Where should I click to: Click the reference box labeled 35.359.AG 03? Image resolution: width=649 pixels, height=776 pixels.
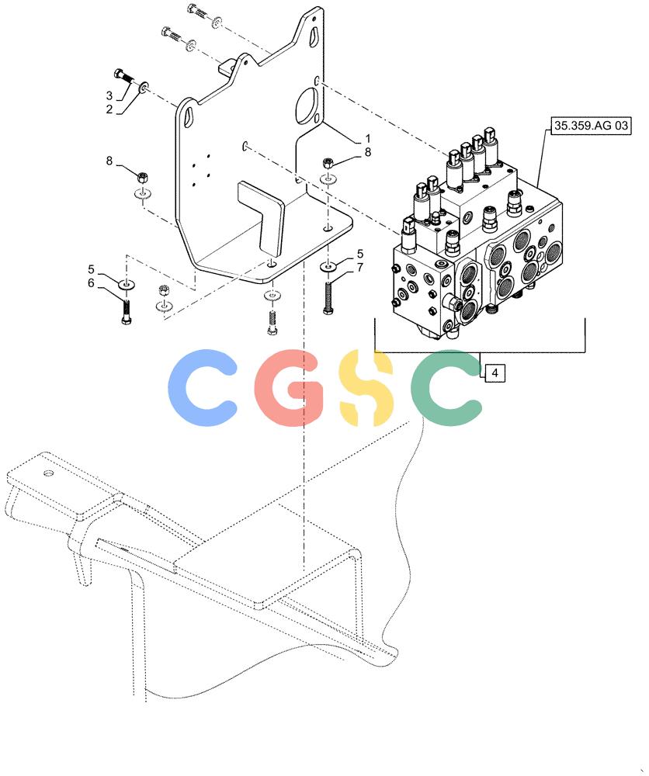coord(591,125)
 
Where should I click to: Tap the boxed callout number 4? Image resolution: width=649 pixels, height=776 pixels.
coord(495,372)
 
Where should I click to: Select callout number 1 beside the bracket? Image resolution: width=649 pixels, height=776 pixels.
coord(367,138)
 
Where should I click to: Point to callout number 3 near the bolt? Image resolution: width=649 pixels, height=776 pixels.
coord(109,95)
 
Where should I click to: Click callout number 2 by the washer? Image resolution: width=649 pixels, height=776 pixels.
coord(109,109)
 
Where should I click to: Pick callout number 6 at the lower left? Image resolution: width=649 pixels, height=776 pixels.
coord(91,283)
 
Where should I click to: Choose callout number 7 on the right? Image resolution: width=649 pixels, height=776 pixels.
coord(360,267)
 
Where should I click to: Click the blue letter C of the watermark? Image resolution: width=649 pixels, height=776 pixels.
coord(203,387)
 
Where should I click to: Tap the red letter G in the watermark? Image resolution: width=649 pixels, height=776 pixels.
coord(290,387)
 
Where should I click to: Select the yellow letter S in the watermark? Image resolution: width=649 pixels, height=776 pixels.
coord(366,387)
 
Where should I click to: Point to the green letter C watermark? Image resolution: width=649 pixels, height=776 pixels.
coord(446,387)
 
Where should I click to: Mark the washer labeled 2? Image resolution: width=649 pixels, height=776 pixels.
coord(144,88)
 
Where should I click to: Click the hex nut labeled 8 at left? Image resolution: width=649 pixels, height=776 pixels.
coord(143,175)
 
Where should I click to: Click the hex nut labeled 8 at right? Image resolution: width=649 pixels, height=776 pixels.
coord(328,162)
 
